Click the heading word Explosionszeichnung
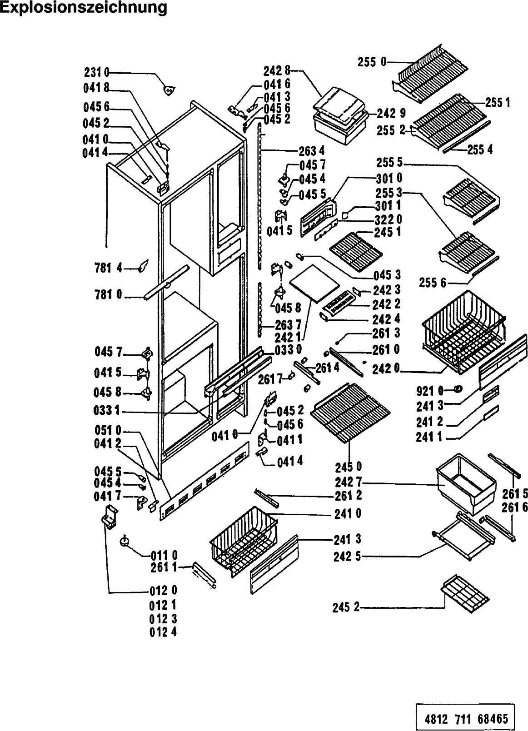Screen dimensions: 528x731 click(x=84, y=8)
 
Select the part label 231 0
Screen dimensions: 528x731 click(x=97, y=72)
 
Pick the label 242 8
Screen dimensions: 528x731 click(x=277, y=71)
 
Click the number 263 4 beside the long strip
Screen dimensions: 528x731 click(x=312, y=151)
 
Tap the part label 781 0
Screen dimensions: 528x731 click(x=108, y=295)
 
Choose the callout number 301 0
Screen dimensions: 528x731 click(x=389, y=178)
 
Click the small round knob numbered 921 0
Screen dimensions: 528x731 click(x=458, y=388)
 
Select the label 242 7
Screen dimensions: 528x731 click(x=348, y=482)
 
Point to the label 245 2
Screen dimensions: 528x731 click(x=346, y=607)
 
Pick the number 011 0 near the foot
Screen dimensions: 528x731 click(x=164, y=555)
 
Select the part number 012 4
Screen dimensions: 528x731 click(x=163, y=632)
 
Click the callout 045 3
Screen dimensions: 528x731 click(x=387, y=275)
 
